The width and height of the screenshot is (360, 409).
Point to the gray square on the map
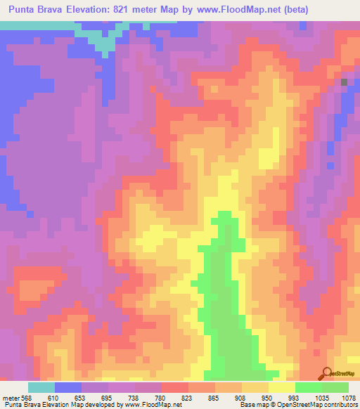coord(344,82)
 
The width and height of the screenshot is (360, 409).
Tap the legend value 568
coord(25,398)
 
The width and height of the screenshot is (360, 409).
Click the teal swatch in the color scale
coord(41,387)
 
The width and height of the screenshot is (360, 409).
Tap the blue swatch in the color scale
coord(67,387)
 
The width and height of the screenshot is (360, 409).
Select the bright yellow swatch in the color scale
coord(281,387)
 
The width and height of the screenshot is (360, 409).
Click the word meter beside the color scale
coord(11,398)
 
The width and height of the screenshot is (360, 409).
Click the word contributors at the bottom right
coord(340,405)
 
